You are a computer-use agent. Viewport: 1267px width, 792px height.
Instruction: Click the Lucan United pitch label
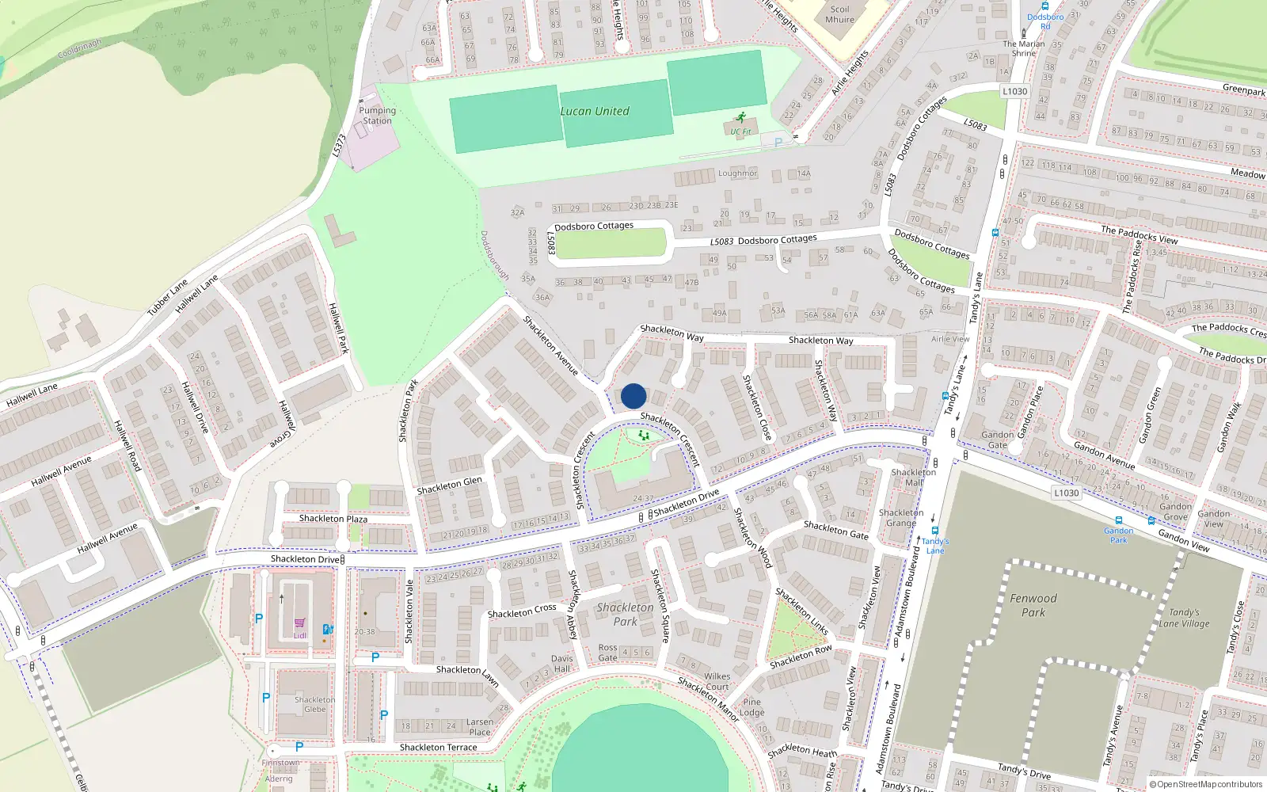(x=595, y=112)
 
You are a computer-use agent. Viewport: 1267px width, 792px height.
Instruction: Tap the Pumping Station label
(x=377, y=116)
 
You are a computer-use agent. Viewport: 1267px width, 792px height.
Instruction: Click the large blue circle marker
(x=633, y=396)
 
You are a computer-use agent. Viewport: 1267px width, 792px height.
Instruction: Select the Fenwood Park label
(x=1033, y=605)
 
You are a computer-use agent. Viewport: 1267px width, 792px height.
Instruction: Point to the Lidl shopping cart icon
(x=299, y=624)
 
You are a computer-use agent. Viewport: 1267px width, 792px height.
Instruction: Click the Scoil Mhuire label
(x=839, y=15)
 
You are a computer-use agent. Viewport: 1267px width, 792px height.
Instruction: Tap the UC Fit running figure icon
(x=740, y=118)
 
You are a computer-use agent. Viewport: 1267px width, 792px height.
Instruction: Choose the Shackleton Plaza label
(x=333, y=519)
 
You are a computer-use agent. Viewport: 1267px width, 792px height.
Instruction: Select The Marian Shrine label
(x=1023, y=48)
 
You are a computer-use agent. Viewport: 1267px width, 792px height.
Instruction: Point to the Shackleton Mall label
(x=914, y=478)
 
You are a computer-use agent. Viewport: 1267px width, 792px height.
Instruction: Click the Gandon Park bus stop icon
(x=1119, y=521)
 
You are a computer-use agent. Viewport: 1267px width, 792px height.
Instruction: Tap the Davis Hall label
(x=561, y=664)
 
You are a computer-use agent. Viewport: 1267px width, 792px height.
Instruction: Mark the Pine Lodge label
(x=751, y=707)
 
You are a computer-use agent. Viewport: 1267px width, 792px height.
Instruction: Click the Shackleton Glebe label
(x=315, y=704)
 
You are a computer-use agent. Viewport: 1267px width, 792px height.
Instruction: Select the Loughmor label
(x=737, y=173)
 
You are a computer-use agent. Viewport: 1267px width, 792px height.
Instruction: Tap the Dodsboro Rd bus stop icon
(x=1045, y=6)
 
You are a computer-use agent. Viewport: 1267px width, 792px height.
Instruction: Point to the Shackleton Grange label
(x=901, y=518)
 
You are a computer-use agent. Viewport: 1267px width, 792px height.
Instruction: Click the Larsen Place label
(x=479, y=727)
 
